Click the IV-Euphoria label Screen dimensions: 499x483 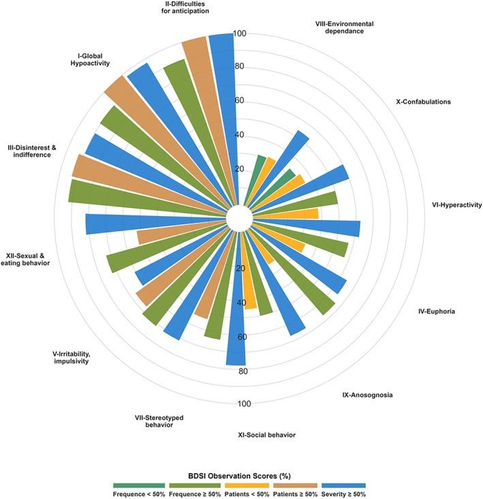pyautogui.click(x=436, y=312)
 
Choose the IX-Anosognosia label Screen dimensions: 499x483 pyautogui.click(x=367, y=395)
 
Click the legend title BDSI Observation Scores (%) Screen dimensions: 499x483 pyautogui.click(x=241, y=473)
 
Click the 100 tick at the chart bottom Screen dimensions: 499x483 pyautogui.click(x=245, y=404)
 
